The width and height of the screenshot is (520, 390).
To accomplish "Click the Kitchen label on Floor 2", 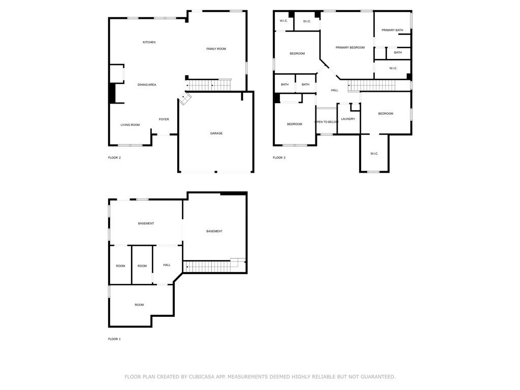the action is coord(149,42).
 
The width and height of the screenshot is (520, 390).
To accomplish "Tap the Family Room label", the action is coord(216,49).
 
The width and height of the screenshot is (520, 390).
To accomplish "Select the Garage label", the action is coord(216,134).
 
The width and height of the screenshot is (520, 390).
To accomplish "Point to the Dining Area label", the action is coord(147,85).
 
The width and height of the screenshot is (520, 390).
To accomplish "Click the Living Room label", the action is coord(130,125).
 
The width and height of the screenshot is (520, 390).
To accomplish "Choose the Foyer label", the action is coord(164,119).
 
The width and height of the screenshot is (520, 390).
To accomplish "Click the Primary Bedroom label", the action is coord(350,47).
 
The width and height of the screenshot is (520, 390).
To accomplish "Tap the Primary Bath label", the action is coord(392,30).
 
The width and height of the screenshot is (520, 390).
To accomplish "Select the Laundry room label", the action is coord(348,119).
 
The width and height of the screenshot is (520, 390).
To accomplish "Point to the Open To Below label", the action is coord(327,122).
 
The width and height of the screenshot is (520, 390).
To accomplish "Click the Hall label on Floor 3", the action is coord(334,90).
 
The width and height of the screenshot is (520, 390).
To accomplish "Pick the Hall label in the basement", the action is coord(167,265).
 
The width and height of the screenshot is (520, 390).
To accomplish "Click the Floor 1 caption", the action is coord(114,339).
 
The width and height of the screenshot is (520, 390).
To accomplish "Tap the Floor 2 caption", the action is coord(114,157).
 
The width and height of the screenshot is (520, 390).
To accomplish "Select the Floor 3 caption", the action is coord(279,157).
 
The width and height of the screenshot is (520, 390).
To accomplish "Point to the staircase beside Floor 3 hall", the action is coord(372,85).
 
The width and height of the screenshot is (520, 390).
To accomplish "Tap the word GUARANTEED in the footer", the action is coord(378,377).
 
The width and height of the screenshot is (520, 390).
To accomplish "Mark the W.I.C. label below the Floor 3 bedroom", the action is coord(374,153).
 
